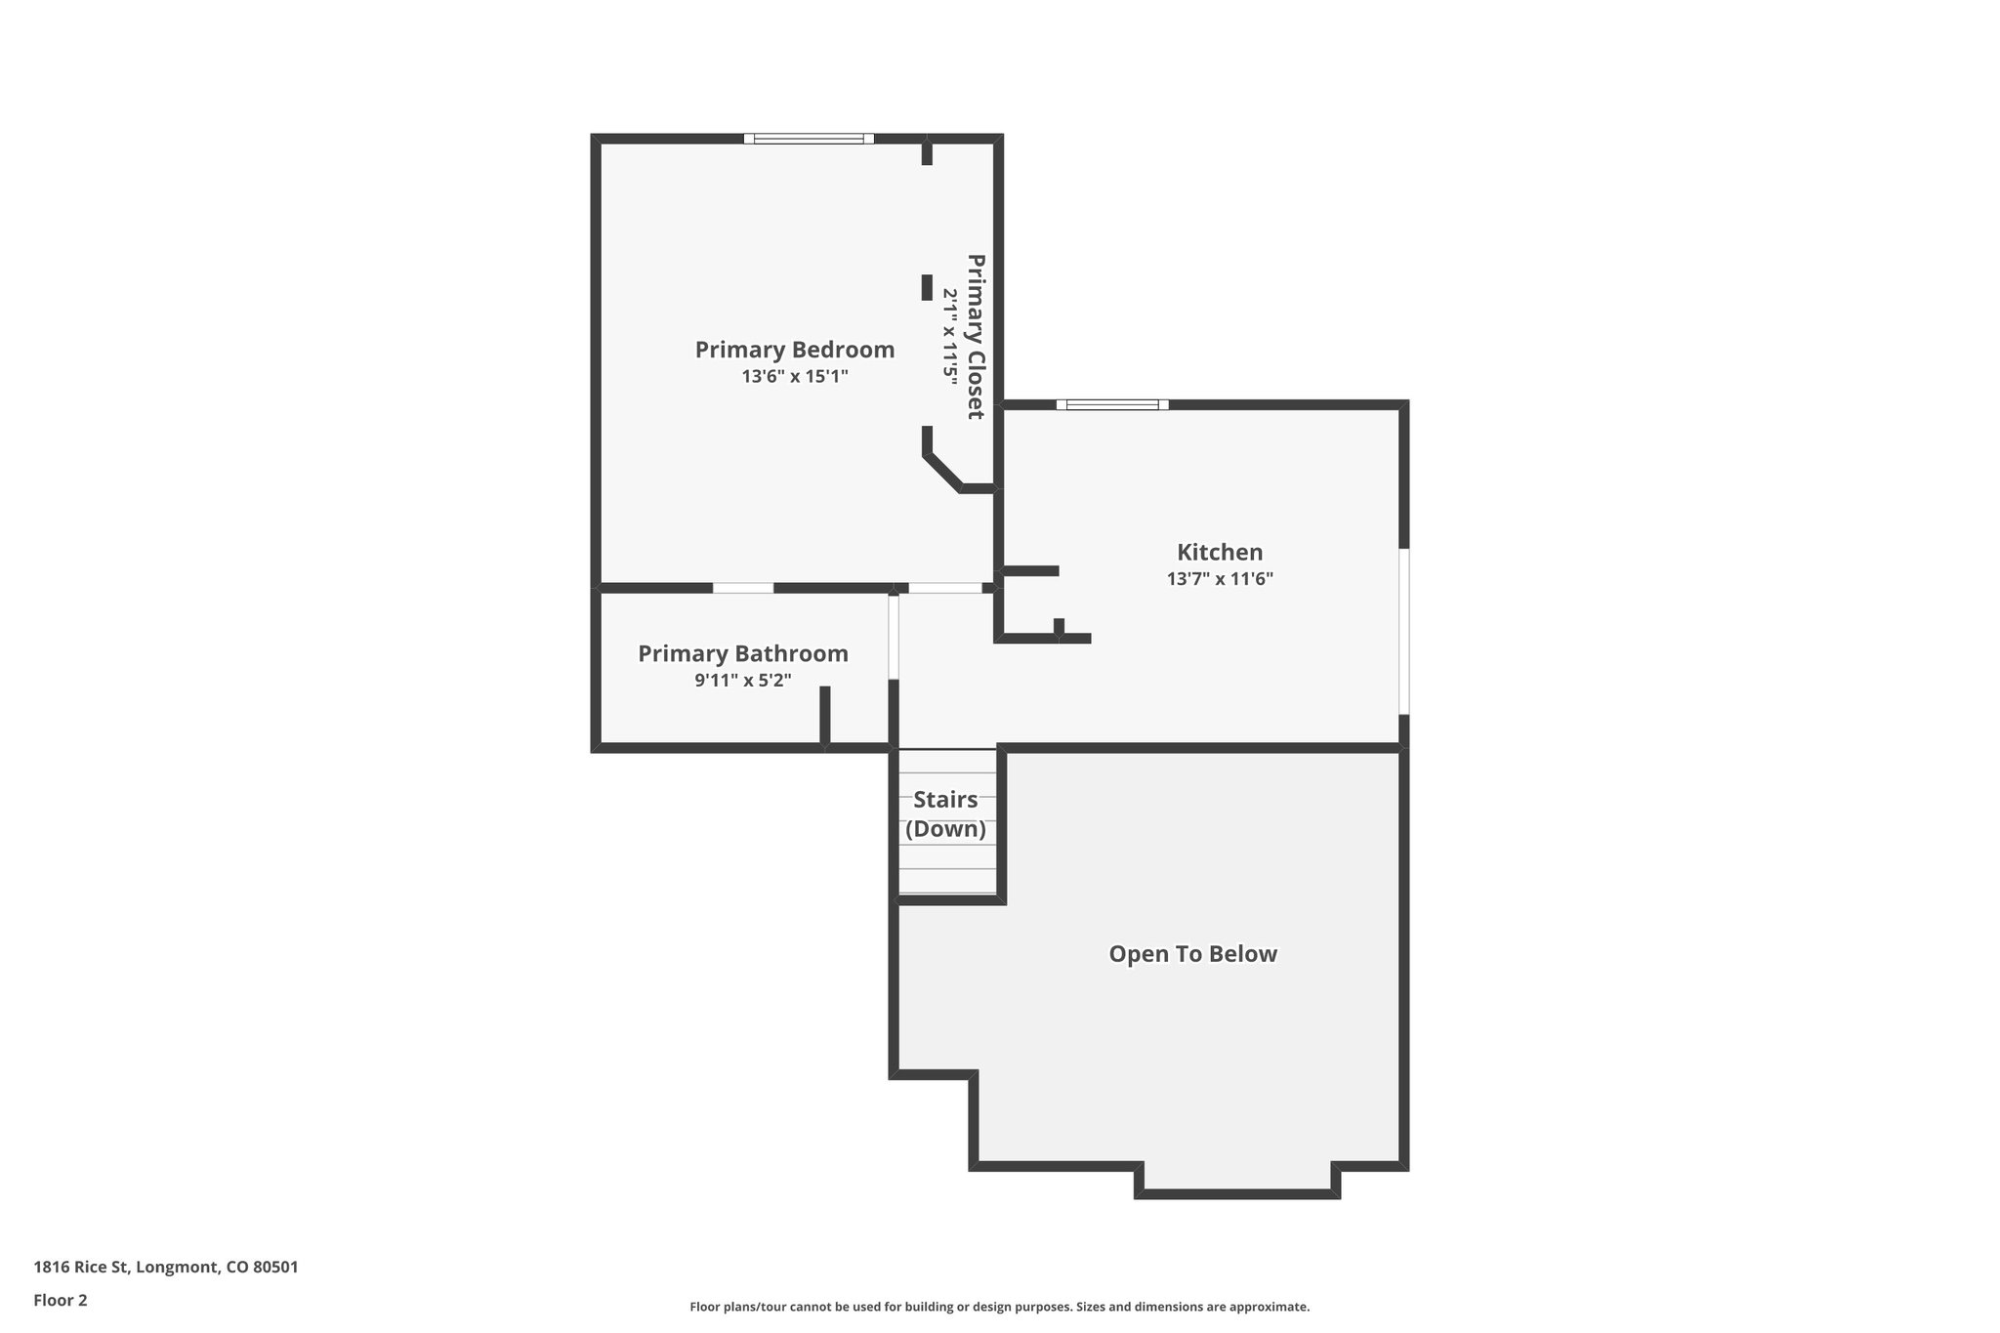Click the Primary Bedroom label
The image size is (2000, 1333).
[x=794, y=350]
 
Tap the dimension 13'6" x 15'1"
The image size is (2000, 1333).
[x=794, y=376]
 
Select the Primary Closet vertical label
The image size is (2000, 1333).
[x=976, y=337]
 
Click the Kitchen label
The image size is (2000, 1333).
[x=1220, y=552]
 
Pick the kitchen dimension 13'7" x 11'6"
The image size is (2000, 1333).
[x=1220, y=578]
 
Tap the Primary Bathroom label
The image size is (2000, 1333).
[x=743, y=653]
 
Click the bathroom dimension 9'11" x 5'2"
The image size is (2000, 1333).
[x=743, y=680]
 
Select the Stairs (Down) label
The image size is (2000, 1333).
[x=945, y=814]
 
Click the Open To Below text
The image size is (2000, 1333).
[x=1192, y=954]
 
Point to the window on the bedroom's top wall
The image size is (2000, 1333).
[x=809, y=139]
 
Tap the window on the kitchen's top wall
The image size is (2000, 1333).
[x=1112, y=404]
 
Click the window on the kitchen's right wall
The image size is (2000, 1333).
[x=1404, y=631]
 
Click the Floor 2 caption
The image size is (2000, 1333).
[x=61, y=1300]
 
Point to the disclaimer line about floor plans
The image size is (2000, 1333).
[x=999, y=1307]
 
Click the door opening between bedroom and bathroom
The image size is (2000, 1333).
[x=743, y=588]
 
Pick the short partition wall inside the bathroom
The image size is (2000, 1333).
[x=824, y=716]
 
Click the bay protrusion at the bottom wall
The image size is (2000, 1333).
[x=1237, y=1192]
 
